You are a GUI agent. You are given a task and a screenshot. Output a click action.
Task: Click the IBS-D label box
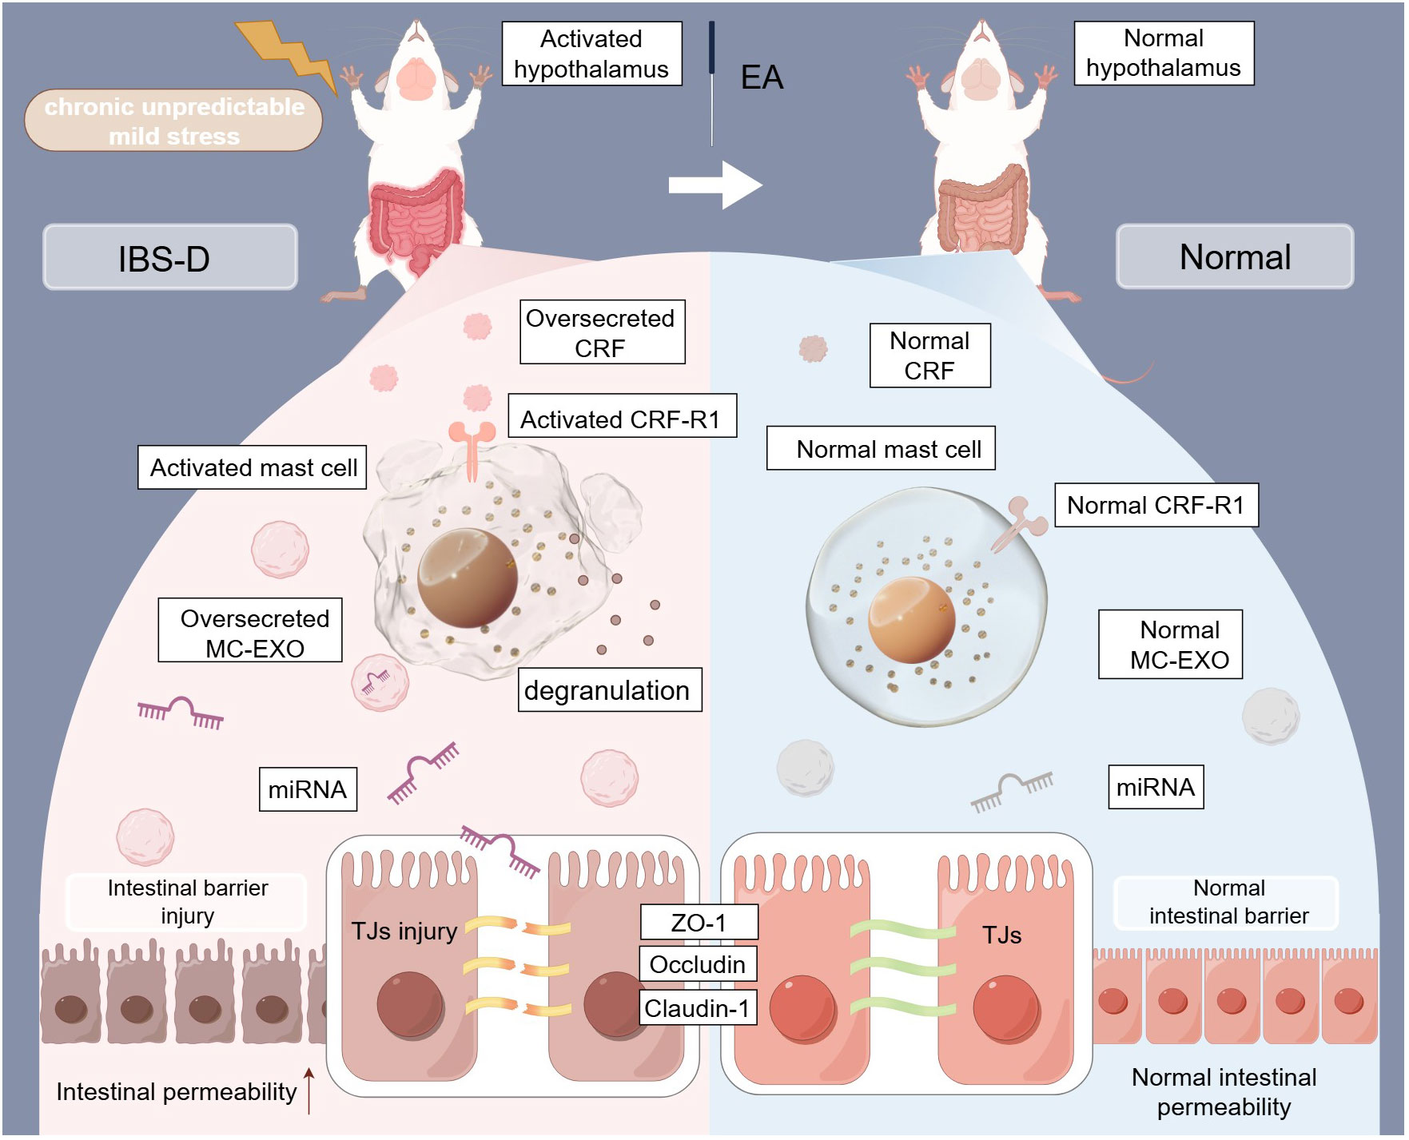[x=169, y=257]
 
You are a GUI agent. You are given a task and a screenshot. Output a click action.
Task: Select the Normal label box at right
[x=1234, y=256]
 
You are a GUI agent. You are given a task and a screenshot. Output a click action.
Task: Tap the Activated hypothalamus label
[x=591, y=54]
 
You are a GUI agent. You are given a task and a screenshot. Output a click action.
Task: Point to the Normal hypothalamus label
[x=1163, y=53]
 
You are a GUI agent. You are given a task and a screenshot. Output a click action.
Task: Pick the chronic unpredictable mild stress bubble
[x=173, y=121]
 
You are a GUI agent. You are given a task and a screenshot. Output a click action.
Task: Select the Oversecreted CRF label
[x=602, y=332]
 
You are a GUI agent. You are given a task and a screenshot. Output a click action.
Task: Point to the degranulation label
[x=609, y=690]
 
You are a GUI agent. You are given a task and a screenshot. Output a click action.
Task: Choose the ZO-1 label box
[x=699, y=923]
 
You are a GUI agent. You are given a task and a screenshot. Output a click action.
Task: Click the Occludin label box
[x=698, y=965]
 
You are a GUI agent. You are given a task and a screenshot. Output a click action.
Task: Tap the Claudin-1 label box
[x=698, y=1008]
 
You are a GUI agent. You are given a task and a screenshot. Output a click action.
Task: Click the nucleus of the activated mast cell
[x=468, y=578]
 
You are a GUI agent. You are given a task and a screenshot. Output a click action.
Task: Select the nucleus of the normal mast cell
[x=912, y=620]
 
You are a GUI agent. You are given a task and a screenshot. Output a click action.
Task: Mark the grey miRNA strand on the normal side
[x=1011, y=790]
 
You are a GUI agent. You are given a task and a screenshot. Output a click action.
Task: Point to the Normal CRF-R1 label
[x=1156, y=505]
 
